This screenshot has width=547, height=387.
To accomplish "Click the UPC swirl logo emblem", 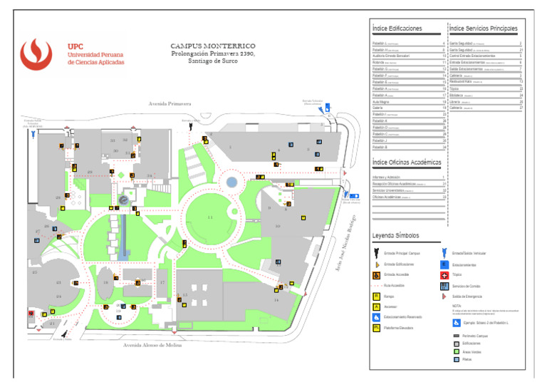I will click(x=40, y=54).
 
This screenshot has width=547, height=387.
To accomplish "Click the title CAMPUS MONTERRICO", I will click(x=213, y=46).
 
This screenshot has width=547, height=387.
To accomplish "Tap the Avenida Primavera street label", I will click(x=170, y=104).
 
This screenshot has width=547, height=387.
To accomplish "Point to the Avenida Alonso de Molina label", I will click(x=152, y=345).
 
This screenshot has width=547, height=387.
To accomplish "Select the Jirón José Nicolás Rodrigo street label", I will click(x=345, y=242).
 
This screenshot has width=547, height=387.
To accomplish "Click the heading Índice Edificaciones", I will click(x=397, y=29).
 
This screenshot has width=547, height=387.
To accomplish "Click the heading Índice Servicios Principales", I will click(x=483, y=29).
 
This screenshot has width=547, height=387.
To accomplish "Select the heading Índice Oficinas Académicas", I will click(x=407, y=162).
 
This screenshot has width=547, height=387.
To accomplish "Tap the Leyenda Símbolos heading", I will click(x=395, y=235).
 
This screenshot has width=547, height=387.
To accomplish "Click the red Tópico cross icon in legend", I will click(x=445, y=275).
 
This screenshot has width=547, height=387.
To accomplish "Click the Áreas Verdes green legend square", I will click(x=457, y=351).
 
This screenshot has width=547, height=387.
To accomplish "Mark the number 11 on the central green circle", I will click(x=209, y=217).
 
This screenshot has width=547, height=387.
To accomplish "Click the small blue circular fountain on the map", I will click(x=231, y=182).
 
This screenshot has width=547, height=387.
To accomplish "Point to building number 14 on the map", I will click(x=276, y=300).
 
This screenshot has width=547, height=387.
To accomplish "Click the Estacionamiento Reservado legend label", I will click(x=403, y=317).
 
